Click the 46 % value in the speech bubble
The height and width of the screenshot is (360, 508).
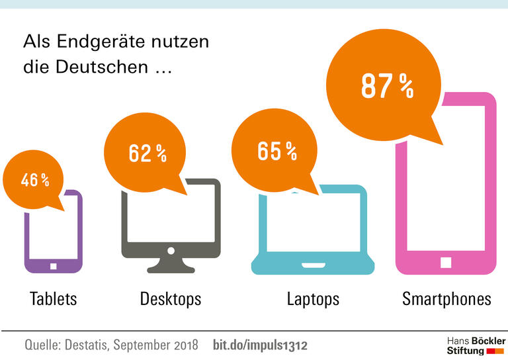pos(35,180)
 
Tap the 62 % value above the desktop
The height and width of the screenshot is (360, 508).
pos(148,154)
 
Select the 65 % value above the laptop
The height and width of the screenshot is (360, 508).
pos(277,151)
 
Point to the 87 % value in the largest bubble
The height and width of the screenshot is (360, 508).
pos(387,85)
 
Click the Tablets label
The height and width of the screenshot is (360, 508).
pos(54,298)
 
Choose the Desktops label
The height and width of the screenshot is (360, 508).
pos(170,298)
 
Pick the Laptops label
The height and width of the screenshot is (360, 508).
pos(313,298)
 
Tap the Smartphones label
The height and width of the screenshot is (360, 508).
pos(446,298)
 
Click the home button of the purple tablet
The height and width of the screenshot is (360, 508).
pos(54,266)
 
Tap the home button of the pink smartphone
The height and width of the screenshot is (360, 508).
pos(446,263)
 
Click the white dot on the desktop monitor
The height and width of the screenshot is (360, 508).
pos(171,251)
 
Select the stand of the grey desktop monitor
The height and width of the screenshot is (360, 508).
pos(171,266)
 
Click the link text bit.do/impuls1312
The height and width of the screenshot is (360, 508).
pos(260,345)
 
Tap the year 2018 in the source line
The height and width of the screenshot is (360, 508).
pos(183,345)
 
